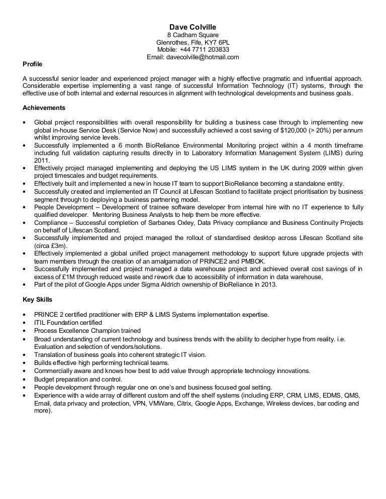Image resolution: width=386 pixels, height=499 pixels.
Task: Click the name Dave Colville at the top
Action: pyautogui.click(x=192, y=27)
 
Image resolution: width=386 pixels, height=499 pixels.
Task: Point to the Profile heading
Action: pyautogui.click(x=33, y=64)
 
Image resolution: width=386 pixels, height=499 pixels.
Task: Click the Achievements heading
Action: pyautogui.click(x=44, y=107)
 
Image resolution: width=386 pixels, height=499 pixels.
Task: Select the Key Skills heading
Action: pyautogui.click(x=37, y=300)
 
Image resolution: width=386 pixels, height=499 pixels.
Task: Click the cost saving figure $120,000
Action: pyautogui.click(x=288, y=130)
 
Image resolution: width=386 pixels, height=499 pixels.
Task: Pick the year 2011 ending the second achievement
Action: pyautogui.click(x=41, y=161)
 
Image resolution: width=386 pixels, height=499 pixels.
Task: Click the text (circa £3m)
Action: pyautogui.click(x=52, y=246)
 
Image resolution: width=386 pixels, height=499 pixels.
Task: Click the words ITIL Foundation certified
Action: pyautogui.click(x=68, y=323)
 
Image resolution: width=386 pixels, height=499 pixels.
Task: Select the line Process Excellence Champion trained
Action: pyautogui.click(x=87, y=331)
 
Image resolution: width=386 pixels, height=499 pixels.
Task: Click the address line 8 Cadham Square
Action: pyautogui.click(x=192, y=35)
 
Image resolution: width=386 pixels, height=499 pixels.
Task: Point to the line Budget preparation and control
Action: pyautogui.click(x=78, y=379)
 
